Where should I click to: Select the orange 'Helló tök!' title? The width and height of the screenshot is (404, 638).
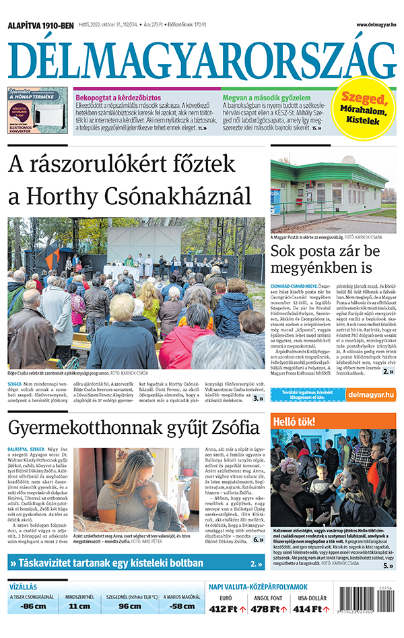294,422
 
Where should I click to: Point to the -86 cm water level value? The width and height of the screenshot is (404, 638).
32,606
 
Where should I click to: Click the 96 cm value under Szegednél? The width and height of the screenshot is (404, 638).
130,606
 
